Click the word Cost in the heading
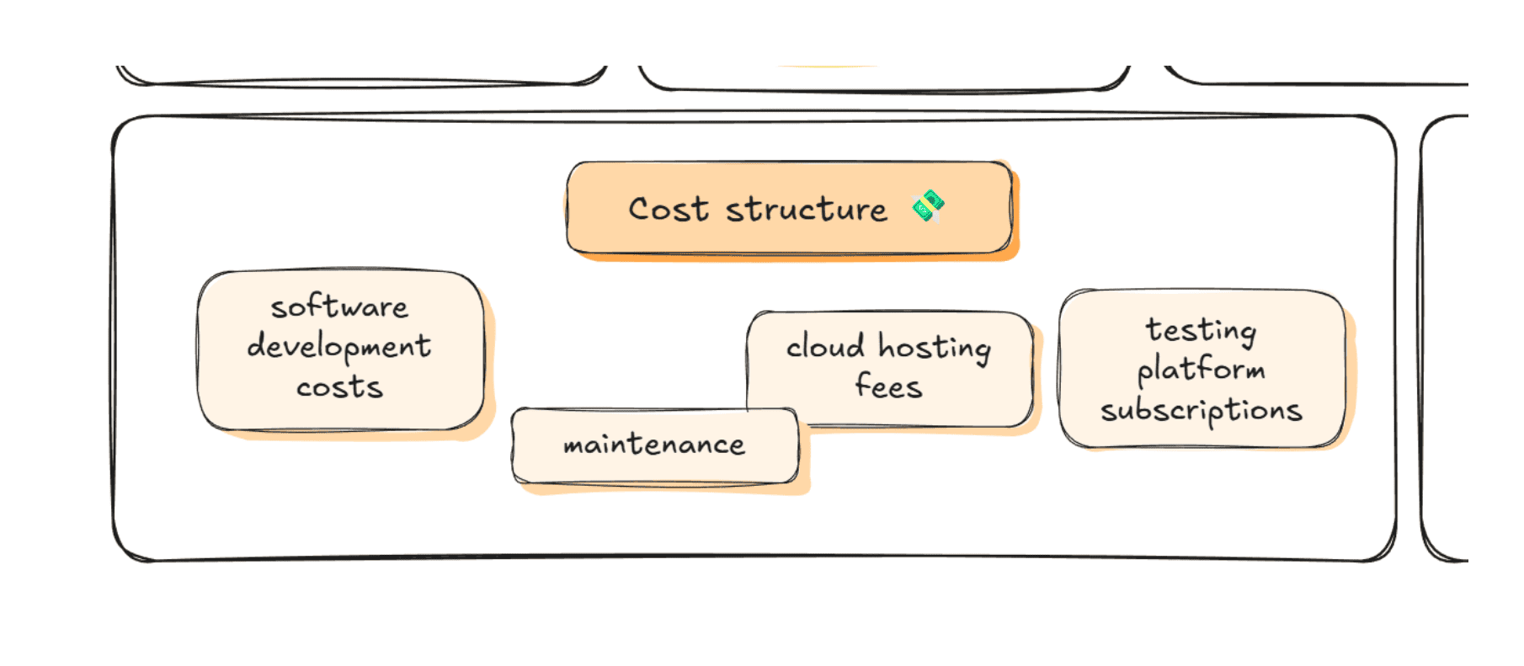669,209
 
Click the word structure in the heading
806,209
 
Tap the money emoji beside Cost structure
927,207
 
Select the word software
339,307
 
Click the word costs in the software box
339,387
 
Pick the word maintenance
654,444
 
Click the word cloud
825,346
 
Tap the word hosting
935,348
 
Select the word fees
888,386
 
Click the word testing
1201,330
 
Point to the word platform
1201,370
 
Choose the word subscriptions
1201,411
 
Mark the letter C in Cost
640,209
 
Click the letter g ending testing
1247,334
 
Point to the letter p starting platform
1144,374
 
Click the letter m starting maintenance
574,445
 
